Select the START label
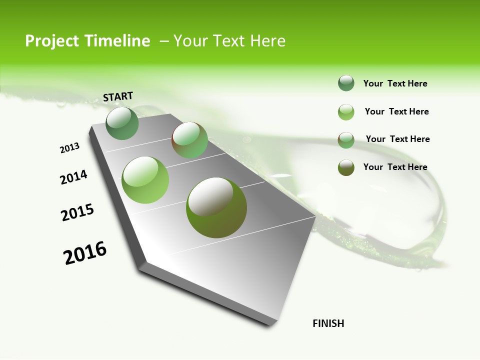118,96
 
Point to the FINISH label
328,323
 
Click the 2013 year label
69,148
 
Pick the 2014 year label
73,177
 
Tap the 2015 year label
77,212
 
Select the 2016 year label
85,253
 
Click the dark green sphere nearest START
122,123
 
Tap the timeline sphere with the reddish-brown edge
189,140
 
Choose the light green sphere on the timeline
145,180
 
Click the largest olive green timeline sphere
216,207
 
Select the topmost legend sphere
346,83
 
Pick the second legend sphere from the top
346,112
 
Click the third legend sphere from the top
346,140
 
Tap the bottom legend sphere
346,167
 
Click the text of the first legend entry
395,83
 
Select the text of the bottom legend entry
395,167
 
